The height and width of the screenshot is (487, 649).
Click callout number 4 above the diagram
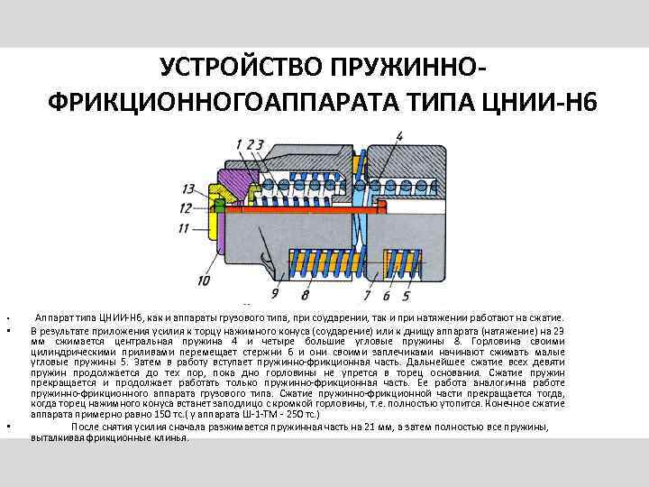pyautogui.click(x=398, y=136)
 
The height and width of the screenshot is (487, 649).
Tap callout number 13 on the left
pyautogui.click(x=187, y=188)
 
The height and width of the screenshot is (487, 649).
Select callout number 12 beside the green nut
pyautogui.click(x=185, y=208)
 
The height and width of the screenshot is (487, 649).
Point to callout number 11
pyautogui.click(x=184, y=228)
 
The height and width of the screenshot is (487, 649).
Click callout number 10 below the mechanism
pyautogui.click(x=205, y=281)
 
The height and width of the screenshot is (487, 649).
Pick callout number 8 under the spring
pyautogui.click(x=306, y=294)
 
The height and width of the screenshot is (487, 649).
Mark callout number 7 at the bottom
pyautogui.click(x=367, y=294)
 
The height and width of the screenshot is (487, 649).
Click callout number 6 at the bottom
pyautogui.click(x=386, y=294)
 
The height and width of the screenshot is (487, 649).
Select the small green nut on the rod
pyautogui.click(x=218, y=206)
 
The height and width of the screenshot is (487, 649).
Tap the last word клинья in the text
pyautogui.click(x=171, y=437)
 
